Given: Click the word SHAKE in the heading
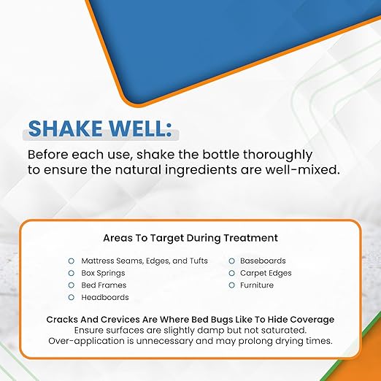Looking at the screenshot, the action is coord(65,128).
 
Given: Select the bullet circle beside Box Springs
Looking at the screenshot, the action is coord(71,273).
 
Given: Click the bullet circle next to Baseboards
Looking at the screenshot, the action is coord(231,261).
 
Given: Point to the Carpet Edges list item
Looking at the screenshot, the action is coord(266,274).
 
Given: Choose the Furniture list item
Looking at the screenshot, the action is coord(257,285).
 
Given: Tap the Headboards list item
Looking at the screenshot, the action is coord(105,297).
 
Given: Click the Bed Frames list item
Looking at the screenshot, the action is coord(104,285).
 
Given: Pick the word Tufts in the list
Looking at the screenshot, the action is coord(199,261).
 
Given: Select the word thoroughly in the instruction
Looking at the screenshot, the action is coord(277,155).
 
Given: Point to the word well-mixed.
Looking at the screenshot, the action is coord(302,169).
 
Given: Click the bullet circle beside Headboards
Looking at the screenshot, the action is coord(71,297).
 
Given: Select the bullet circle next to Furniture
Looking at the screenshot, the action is coord(231,285).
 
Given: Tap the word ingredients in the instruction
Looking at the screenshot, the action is coord(201,170).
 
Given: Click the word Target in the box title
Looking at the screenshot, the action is coord(166,238).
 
